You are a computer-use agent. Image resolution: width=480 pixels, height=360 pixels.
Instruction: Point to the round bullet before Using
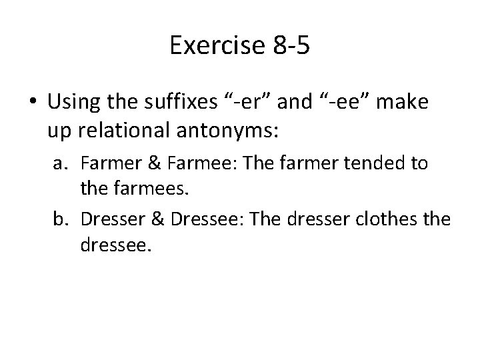click(33, 103)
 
